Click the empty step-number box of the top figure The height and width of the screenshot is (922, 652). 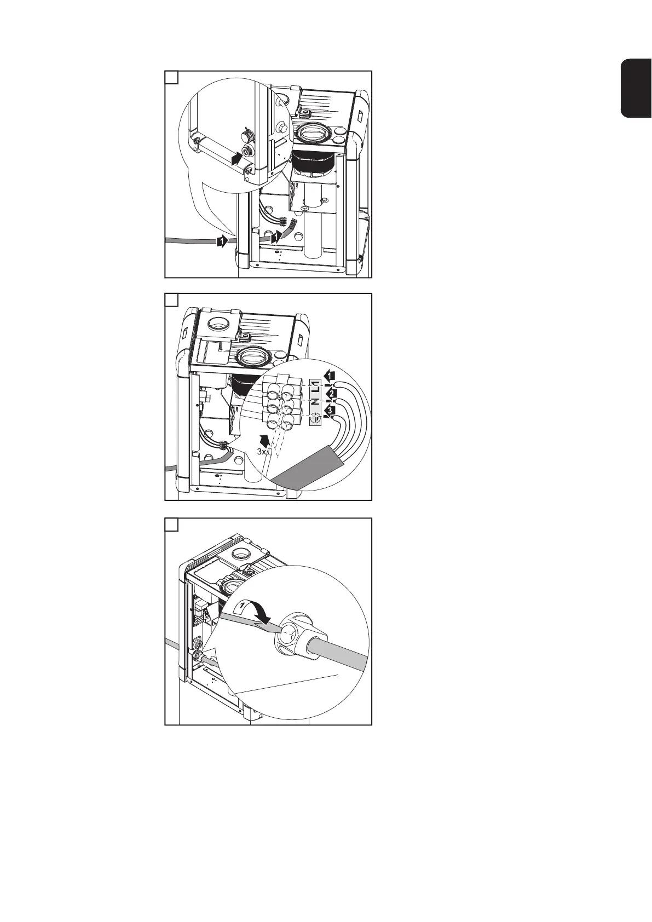pyautogui.click(x=172, y=77)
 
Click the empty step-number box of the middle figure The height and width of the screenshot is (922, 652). pyautogui.click(x=172, y=301)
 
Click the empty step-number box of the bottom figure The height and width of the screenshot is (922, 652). pyautogui.click(x=172, y=525)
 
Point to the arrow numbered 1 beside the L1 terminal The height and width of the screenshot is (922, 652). pyautogui.click(x=329, y=376)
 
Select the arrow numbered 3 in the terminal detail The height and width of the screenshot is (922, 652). pyautogui.click(x=330, y=411)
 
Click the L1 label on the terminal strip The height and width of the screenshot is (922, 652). pyautogui.click(x=314, y=387)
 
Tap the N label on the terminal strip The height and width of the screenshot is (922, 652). pyautogui.click(x=314, y=404)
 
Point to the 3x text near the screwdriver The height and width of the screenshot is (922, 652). pyautogui.click(x=262, y=452)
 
